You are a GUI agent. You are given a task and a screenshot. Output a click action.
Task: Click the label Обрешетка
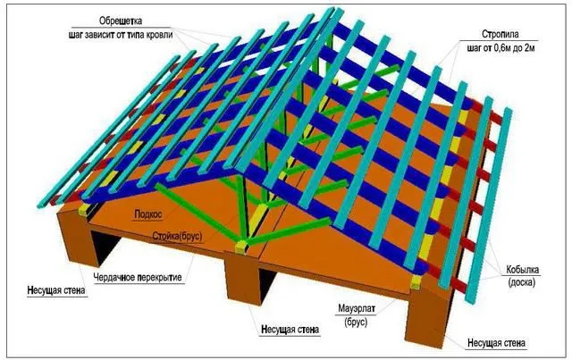[121, 21]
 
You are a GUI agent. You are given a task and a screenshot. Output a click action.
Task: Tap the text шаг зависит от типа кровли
[121, 36]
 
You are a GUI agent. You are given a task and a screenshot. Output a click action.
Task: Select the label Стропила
[500, 34]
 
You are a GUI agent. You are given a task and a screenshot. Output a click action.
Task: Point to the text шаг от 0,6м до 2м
[500, 47]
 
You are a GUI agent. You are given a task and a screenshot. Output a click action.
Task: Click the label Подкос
[148, 214]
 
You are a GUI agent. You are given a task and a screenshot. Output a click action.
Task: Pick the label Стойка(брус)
[177, 237]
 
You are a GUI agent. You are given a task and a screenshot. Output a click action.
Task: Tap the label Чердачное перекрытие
[138, 277]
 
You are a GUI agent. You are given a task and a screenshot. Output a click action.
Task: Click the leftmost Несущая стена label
[56, 290]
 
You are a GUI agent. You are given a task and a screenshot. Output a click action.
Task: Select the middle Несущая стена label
[290, 330]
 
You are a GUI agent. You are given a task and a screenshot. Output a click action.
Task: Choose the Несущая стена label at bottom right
[497, 343]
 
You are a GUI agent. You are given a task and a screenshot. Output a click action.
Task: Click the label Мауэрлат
[356, 308]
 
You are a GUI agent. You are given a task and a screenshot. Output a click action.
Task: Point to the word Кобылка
[522, 270]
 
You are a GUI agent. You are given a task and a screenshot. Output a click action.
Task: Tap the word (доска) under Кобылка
[522, 282]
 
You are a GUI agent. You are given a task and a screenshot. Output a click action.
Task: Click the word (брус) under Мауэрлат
[356, 322]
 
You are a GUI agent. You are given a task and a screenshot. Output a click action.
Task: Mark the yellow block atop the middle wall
[241, 247]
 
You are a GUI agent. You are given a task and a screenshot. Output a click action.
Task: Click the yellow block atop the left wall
[84, 210]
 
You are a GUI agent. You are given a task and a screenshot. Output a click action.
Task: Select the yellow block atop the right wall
[416, 282]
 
